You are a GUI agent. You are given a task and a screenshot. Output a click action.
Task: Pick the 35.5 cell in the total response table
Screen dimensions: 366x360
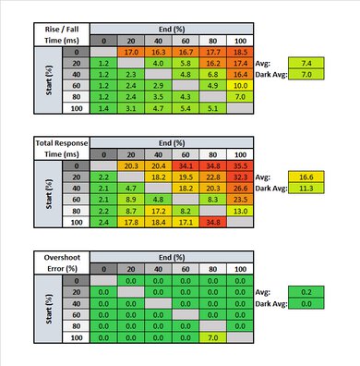[x=240, y=163]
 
